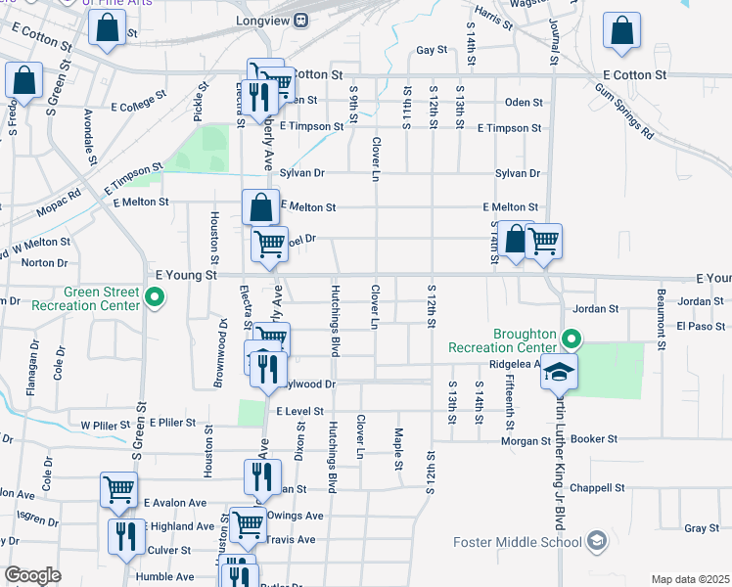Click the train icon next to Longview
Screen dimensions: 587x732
click(301, 20)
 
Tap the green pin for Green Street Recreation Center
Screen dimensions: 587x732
click(153, 296)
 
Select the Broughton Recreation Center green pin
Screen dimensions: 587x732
click(570, 339)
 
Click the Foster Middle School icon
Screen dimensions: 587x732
click(596, 541)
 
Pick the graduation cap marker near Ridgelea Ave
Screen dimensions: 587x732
click(560, 373)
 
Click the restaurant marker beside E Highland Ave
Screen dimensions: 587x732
click(126, 535)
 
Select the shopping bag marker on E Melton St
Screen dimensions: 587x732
click(261, 207)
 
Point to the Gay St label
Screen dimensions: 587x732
click(431, 50)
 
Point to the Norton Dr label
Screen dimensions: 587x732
click(44, 262)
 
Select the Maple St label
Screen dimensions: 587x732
click(399, 448)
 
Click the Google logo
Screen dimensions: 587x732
click(32, 575)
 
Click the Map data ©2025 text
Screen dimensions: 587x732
click(690, 579)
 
